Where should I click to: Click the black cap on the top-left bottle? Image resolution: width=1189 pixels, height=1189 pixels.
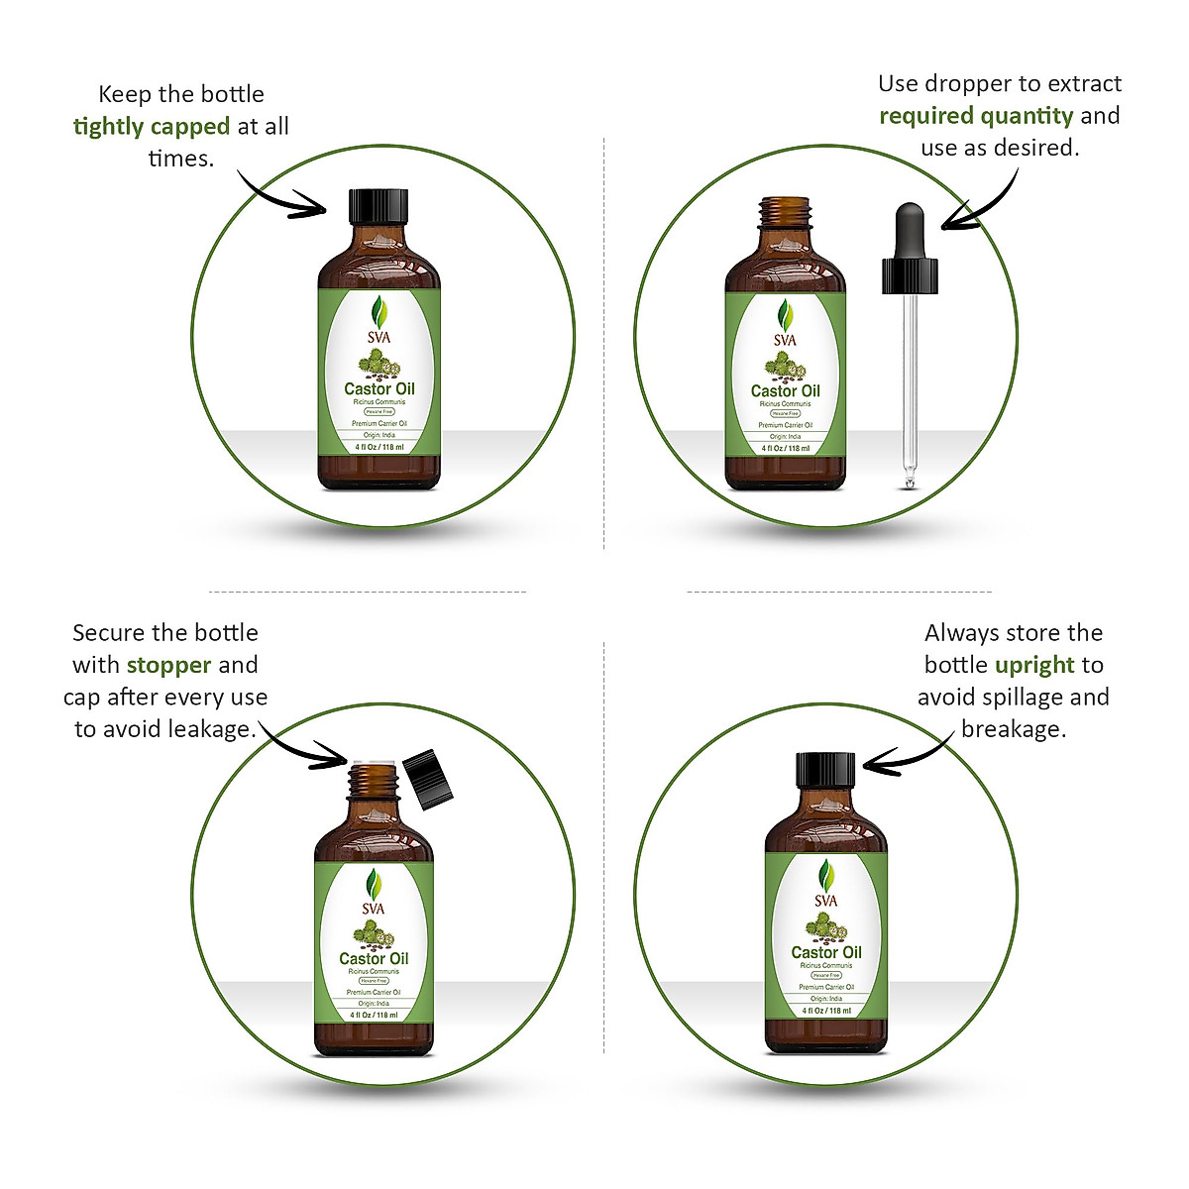click(378, 205)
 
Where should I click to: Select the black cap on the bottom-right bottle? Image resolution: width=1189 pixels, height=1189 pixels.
click(825, 770)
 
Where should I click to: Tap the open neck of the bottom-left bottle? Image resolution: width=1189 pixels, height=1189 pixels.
click(374, 780)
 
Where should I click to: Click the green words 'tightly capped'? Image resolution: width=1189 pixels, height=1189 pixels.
click(152, 127)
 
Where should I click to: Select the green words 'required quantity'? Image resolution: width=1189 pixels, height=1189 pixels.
click(976, 116)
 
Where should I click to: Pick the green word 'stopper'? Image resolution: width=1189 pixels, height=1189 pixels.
click(169, 665)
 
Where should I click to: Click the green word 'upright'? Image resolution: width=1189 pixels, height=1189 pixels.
click(1034, 665)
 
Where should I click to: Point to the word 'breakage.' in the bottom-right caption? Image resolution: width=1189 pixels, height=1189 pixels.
click(1013, 729)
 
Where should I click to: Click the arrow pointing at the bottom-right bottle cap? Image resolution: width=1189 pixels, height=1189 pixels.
click(907, 758)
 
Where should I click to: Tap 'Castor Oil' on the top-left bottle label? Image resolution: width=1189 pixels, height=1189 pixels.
click(379, 389)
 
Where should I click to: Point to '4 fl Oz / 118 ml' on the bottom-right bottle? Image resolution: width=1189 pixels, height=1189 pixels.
click(826, 1011)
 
